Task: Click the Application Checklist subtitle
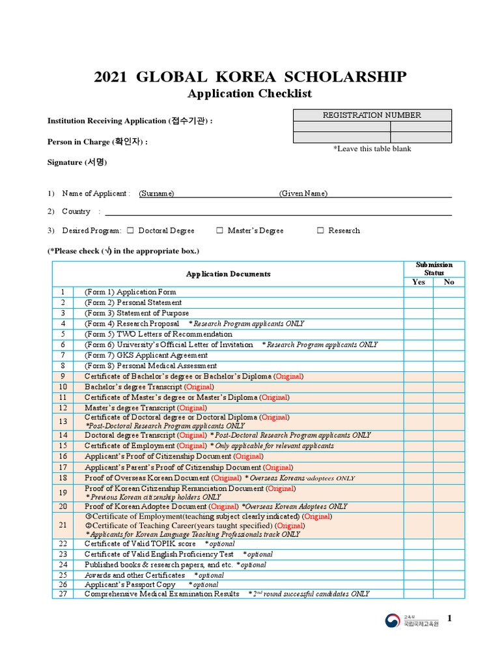pos(249,94)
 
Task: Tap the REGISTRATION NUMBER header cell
pos(372,115)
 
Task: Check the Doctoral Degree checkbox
pos(130,231)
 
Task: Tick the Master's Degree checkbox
pos(220,231)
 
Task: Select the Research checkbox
pos(321,231)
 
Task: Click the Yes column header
pos(418,282)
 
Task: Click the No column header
pos(449,282)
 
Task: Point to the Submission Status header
pos(434,269)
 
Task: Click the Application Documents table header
pos(228,274)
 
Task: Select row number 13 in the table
pos(63,421)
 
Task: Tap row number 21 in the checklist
pos(63,525)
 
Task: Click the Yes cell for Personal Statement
pos(418,303)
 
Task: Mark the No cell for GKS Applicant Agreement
pos(449,356)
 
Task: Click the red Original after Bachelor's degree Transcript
pos(196,387)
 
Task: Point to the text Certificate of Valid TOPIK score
pos(140,544)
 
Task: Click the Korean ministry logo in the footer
pos(393,621)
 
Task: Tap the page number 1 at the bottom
pos(449,618)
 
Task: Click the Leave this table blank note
pos(372,149)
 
